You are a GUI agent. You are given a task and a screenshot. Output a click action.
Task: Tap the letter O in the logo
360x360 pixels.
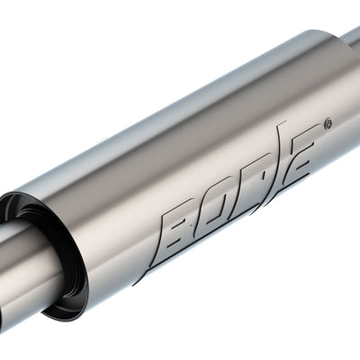[220, 209]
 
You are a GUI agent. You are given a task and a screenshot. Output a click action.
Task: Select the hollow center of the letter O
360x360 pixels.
[221, 209]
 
